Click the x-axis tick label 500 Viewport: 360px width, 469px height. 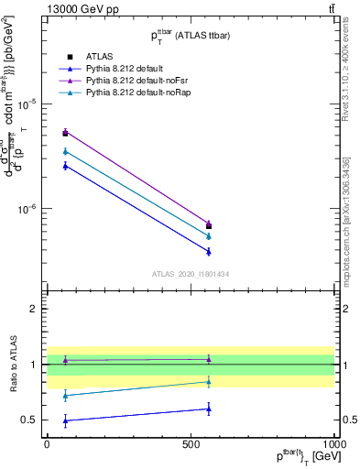[191, 442]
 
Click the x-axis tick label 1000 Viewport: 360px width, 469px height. [334, 442]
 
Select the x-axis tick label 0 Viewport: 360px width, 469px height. [47, 442]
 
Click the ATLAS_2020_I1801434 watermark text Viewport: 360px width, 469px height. [191, 273]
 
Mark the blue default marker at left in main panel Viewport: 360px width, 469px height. [65, 165]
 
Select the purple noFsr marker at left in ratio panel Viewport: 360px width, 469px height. [65, 360]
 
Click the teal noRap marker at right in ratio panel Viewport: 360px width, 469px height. [209, 382]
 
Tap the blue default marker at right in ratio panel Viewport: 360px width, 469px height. [209, 409]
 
